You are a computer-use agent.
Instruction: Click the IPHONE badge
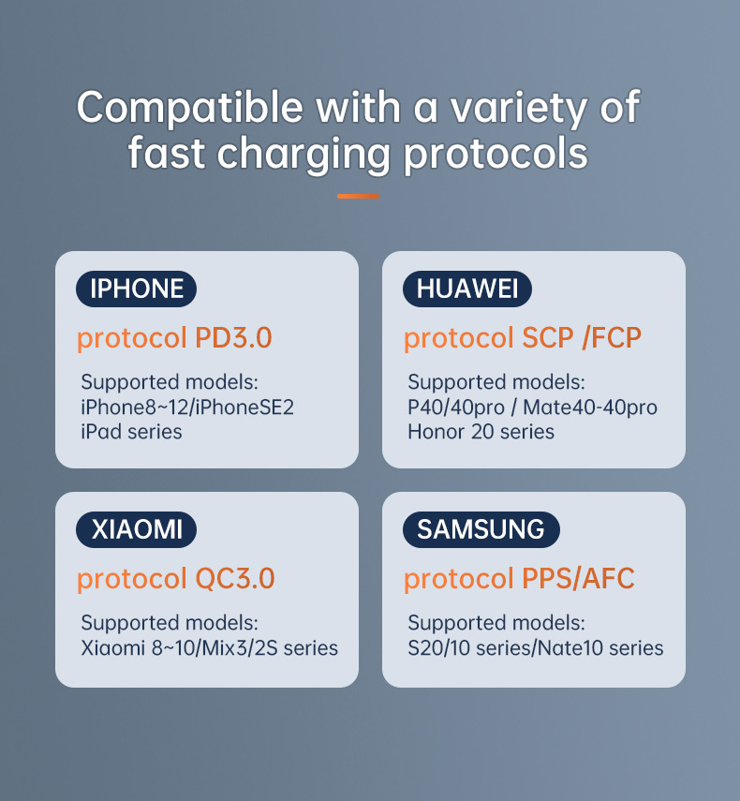137,289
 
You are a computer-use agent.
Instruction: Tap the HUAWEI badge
467,289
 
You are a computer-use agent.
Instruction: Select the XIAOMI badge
137,529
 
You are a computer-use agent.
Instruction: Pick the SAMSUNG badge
481,529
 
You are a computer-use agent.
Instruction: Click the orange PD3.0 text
233,337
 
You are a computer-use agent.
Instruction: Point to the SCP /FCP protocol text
581,337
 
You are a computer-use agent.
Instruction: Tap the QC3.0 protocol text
235,579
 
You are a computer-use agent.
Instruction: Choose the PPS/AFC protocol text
578,579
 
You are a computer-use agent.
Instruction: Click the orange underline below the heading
358,196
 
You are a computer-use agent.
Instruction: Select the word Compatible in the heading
190,109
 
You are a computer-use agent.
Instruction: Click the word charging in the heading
303,155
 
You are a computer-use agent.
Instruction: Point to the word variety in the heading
518,109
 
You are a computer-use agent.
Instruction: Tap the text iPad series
131,432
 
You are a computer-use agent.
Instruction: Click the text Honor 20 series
481,432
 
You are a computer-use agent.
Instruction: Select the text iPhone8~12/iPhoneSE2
187,408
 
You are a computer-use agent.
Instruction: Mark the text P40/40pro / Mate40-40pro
532,408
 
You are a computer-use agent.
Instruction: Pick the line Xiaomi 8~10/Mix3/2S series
210,647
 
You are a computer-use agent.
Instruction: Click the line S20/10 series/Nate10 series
535,647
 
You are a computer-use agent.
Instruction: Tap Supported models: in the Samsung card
496,623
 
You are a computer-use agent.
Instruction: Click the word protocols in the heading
496,155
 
